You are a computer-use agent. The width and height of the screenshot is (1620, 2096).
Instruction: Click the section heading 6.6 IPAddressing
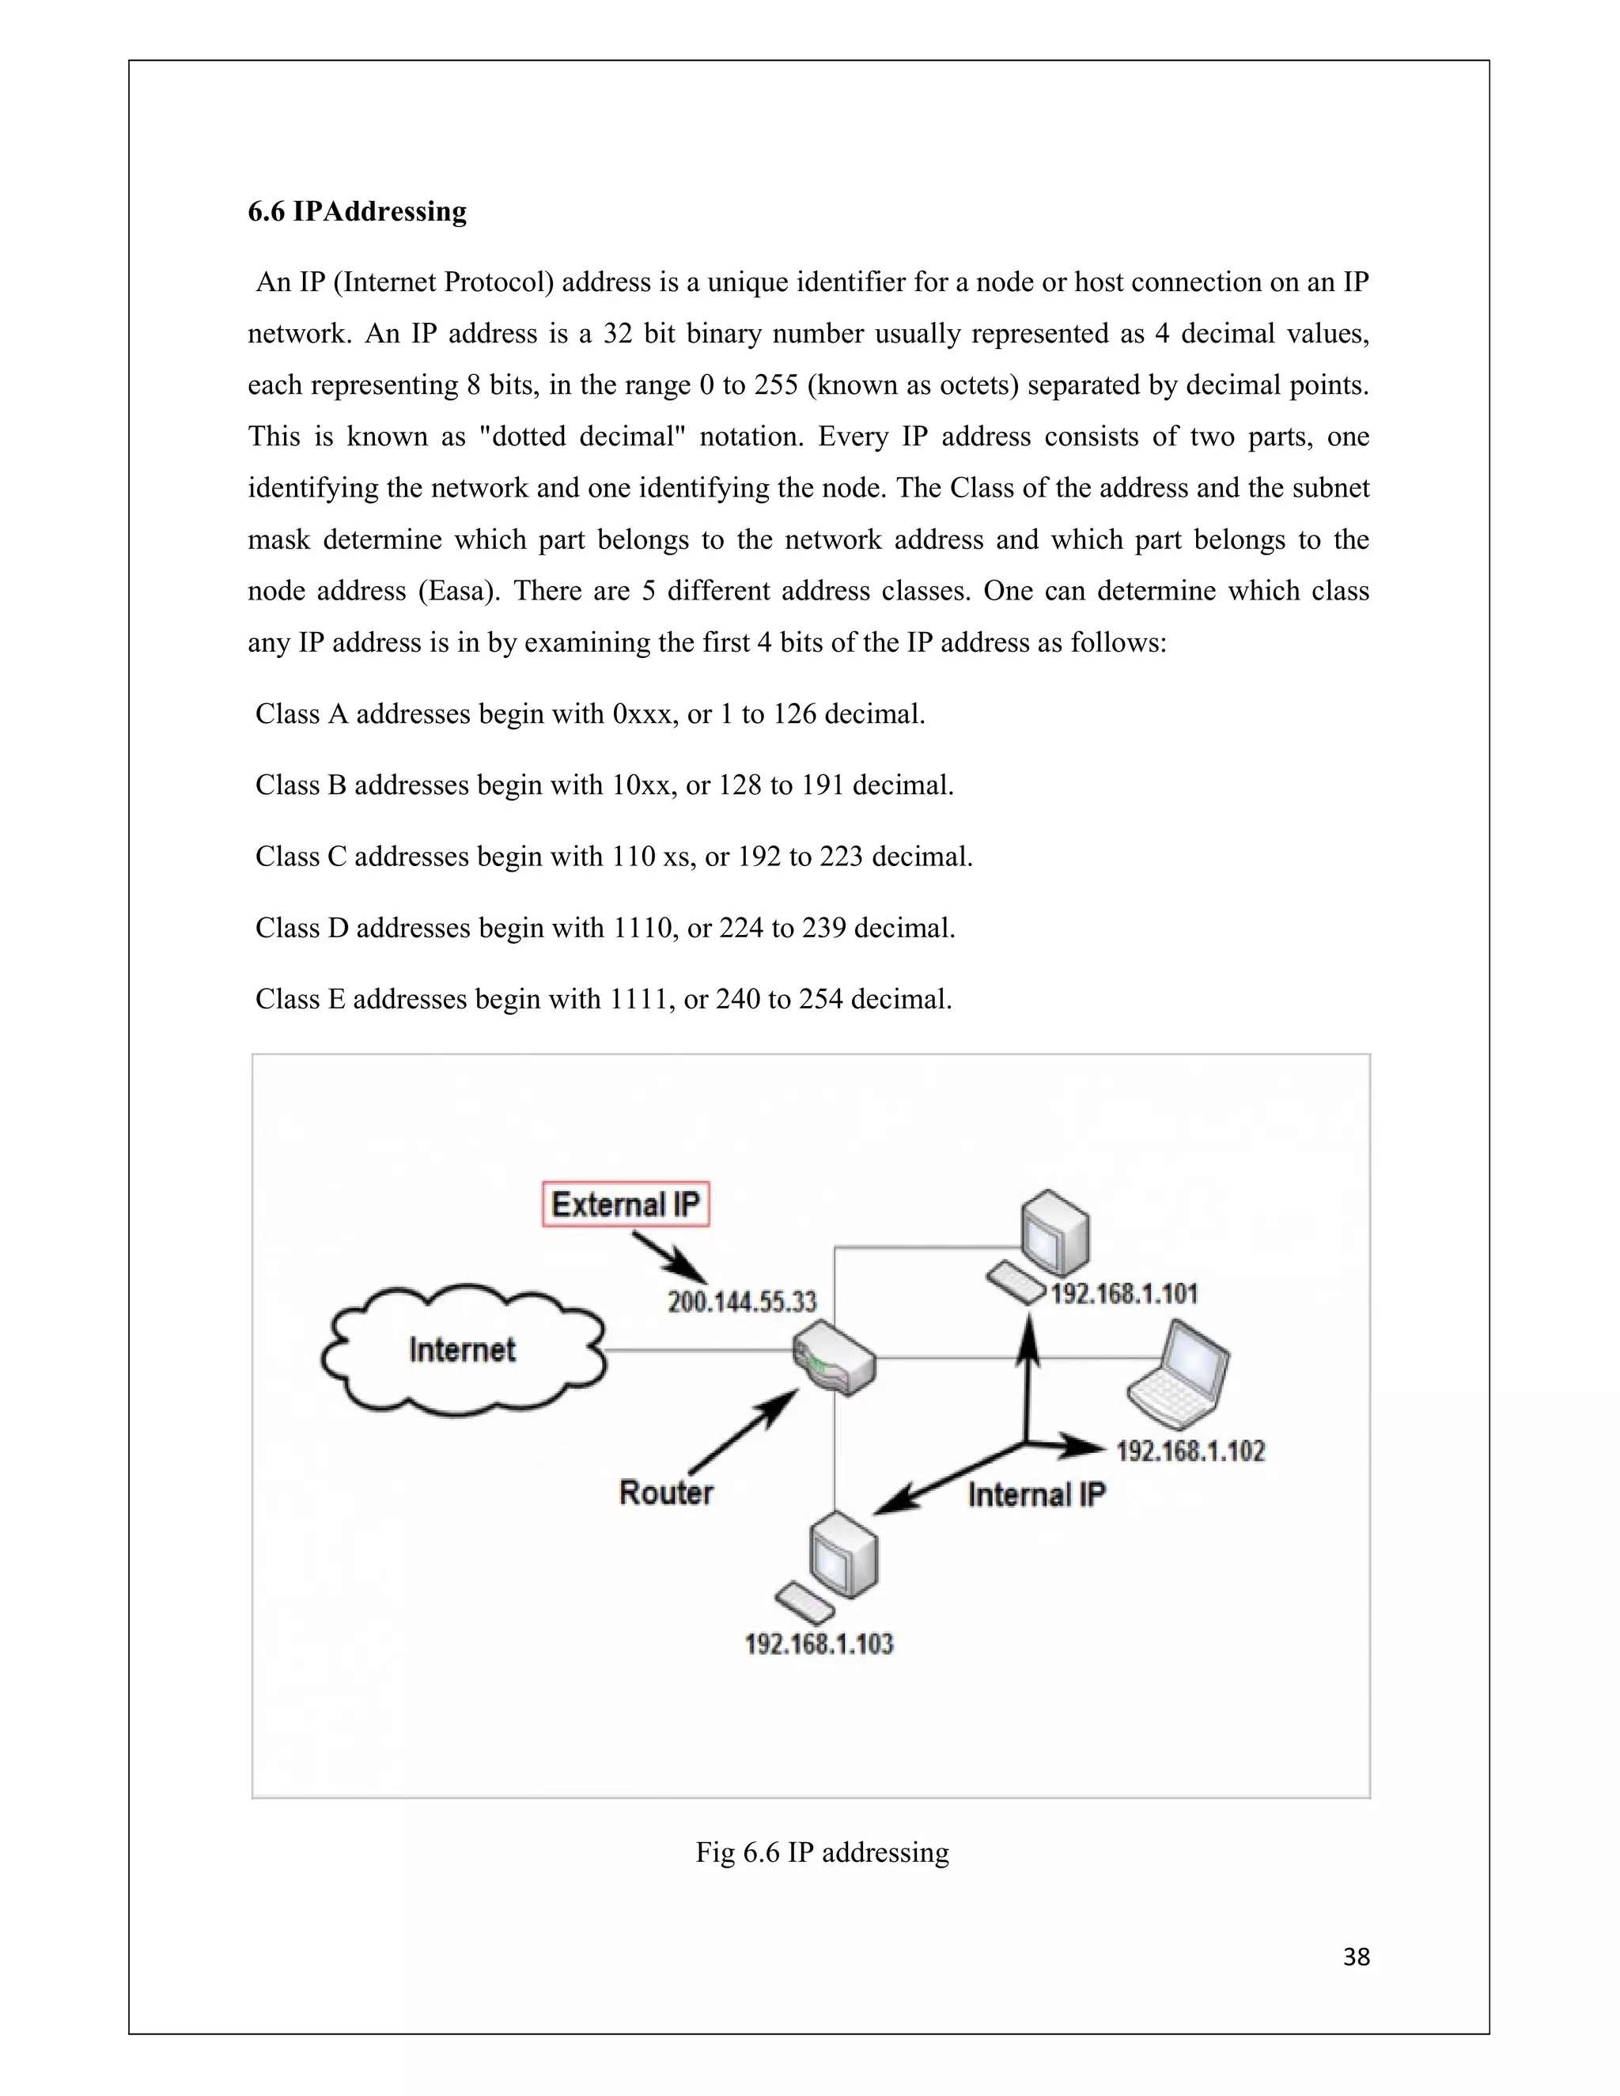click(x=357, y=211)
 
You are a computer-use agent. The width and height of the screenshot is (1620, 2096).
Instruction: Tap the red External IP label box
click(x=626, y=1205)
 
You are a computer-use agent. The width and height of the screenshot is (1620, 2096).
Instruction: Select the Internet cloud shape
click(x=463, y=1350)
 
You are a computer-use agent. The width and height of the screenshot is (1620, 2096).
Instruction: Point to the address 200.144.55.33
click(x=742, y=1303)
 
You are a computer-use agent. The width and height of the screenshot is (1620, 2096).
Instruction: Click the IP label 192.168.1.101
click(x=1124, y=1294)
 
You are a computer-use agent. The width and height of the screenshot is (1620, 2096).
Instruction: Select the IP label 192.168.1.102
click(x=1190, y=1450)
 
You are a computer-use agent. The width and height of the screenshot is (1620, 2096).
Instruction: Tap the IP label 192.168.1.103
click(x=819, y=1644)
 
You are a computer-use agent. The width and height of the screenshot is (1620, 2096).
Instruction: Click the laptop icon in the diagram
click(x=1180, y=1372)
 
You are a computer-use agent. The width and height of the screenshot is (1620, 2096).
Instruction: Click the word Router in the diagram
click(x=666, y=1493)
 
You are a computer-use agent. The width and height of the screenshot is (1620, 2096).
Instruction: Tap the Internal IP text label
click(x=1036, y=1494)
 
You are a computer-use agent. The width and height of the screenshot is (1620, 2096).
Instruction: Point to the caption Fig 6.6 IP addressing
click(x=823, y=1852)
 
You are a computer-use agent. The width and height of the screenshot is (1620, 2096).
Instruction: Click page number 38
click(x=1356, y=1957)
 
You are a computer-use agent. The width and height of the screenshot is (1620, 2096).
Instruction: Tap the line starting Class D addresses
click(x=604, y=928)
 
